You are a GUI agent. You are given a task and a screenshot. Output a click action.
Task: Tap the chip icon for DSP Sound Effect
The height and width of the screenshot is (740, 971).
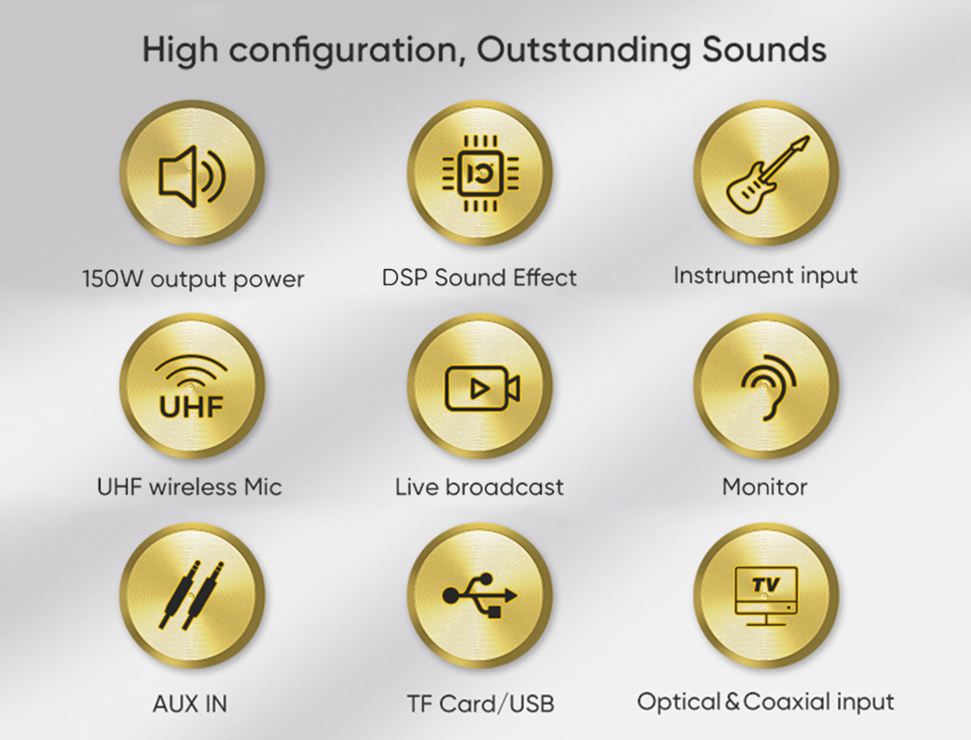480,174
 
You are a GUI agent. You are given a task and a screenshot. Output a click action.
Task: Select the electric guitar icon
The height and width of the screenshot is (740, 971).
768,174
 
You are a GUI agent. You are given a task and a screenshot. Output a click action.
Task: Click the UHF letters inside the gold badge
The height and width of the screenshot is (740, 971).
191,407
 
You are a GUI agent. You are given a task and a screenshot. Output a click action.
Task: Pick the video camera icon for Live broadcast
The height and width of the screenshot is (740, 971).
482,388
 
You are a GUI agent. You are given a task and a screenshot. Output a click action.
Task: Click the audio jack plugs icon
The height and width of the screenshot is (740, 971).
192,595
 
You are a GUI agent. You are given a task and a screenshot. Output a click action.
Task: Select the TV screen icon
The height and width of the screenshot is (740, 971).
766,596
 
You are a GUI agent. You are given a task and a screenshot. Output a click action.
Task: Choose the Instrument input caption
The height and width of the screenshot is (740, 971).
765,276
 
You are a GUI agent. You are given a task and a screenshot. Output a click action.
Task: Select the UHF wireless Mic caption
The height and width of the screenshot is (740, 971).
189,487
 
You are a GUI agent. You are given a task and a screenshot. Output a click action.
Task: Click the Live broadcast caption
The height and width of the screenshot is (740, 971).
480,487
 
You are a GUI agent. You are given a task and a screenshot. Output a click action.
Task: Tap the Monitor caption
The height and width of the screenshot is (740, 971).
765,487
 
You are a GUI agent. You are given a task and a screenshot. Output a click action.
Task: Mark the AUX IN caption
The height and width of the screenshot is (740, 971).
190,704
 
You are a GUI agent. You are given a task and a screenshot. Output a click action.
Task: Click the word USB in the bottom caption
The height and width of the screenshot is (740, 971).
531,704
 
